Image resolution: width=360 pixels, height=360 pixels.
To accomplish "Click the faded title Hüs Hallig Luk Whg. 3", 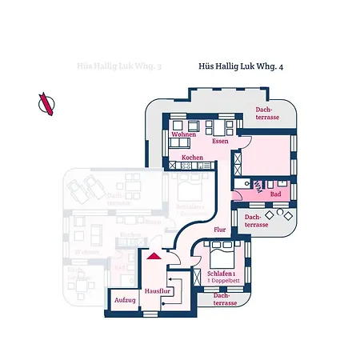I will click(117, 69).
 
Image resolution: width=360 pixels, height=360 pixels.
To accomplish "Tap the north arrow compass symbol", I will click(46, 103).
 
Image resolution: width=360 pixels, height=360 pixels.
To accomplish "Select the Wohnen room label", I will click(183, 135).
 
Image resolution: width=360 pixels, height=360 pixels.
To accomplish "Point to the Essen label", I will click(221, 141).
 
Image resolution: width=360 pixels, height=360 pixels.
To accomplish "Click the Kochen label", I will click(192, 158).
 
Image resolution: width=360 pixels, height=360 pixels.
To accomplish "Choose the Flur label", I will click(220, 230).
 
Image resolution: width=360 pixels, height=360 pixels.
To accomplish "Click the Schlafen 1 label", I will click(221, 274).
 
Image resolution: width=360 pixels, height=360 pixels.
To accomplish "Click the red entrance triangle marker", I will click(154, 255).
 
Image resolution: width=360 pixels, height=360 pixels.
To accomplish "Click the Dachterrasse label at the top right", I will click(266, 113).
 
